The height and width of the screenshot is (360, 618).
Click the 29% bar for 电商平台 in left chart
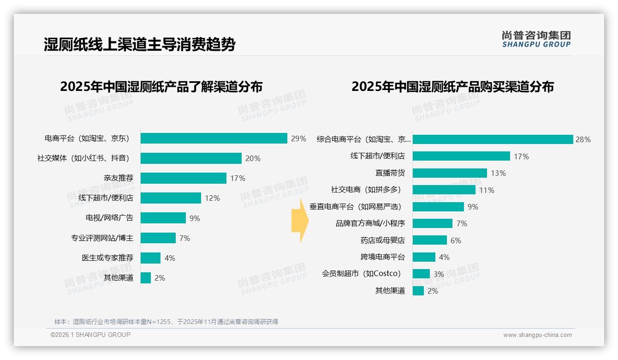214,138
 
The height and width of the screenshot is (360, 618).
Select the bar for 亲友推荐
184,178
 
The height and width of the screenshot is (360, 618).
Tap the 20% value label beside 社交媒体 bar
253,158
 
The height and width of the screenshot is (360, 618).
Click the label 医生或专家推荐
107,258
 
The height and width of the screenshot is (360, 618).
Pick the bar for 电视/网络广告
163,218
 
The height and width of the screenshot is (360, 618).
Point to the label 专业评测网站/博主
102,238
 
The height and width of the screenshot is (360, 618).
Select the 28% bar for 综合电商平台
493,139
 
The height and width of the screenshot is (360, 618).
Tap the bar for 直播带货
450,173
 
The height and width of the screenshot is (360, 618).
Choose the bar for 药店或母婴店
430,240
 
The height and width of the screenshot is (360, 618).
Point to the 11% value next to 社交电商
487,190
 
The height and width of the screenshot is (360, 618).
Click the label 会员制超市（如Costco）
361,274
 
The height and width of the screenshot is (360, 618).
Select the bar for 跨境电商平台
424,257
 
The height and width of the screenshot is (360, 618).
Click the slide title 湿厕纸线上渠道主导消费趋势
139,45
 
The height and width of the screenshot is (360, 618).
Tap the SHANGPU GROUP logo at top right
536,39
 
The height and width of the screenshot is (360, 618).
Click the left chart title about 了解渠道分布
161,87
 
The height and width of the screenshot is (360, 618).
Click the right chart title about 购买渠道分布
452,87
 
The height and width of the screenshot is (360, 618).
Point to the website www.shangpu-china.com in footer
537,335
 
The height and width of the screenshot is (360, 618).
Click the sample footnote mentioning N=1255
166,322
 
